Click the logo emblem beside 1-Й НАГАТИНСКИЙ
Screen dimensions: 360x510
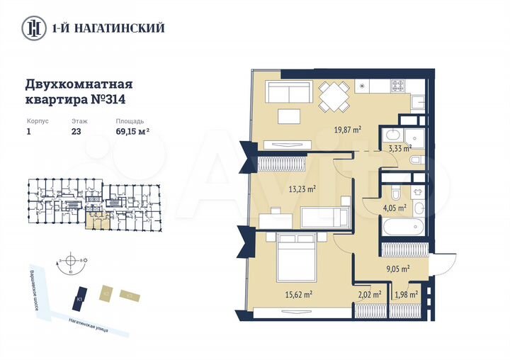click(x=33, y=28)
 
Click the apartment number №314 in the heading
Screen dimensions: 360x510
click(x=110, y=100)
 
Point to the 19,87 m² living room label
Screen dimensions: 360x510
click(x=348, y=130)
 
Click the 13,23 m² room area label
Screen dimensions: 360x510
click(x=302, y=189)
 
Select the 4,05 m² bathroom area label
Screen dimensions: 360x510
click(x=395, y=208)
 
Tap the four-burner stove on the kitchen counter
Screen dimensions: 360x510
click(x=398, y=88)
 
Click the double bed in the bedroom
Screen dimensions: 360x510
click(x=297, y=259)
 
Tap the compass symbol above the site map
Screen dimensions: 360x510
click(x=71, y=261)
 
